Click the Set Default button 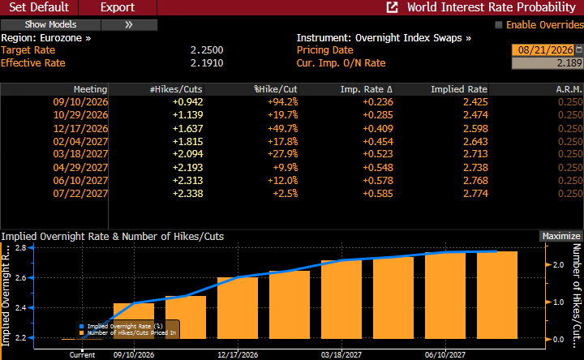[x=39, y=7]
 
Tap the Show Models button [x=50, y=24]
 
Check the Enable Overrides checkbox [x=498, y=25]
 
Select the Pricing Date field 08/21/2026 [x=545, y=50]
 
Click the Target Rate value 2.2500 [x=207, y=50]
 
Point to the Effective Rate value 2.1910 [x=207, y=63]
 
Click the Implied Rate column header [x=459, y=89]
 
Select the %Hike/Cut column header [x=276, y=89]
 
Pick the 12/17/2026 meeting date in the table [x=80, y=129]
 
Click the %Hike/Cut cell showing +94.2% [x=283, y=102]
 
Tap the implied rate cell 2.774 [x=475, y=194]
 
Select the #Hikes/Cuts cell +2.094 [x=187, y=154]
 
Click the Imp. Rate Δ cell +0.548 [x=378, y=168]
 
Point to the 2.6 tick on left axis [x=21, y=278]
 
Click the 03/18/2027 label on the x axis [x=341, y=355]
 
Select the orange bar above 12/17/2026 [x=238, y=308]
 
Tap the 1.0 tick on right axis [x=558, y=302]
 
